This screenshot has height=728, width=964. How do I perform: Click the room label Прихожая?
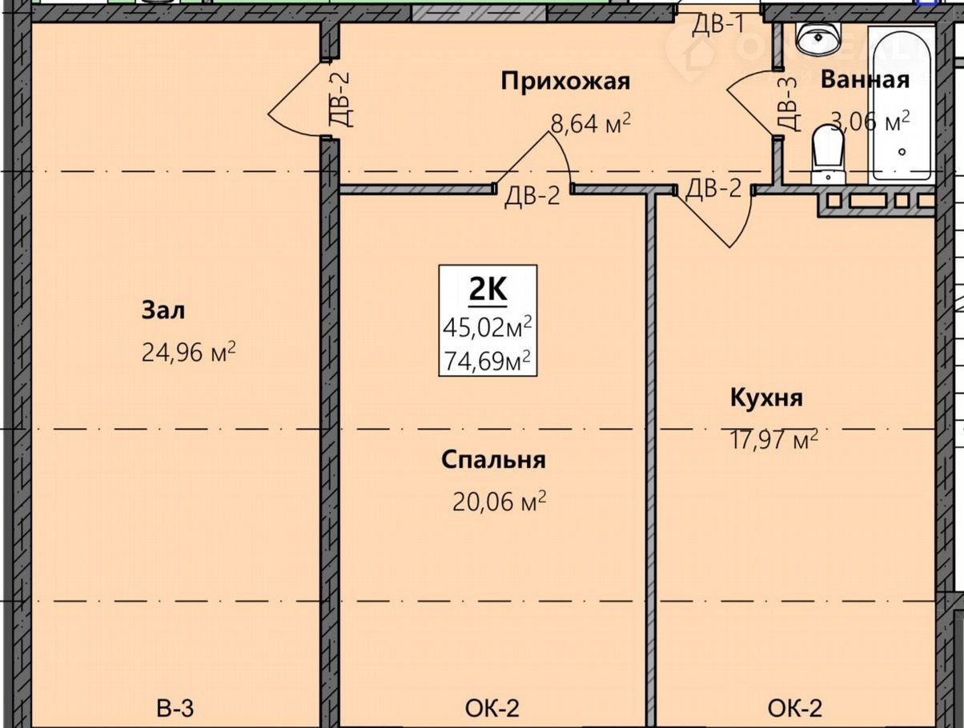pos(565,82)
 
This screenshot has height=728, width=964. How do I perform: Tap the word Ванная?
pos(865,80)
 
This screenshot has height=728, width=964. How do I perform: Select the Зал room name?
pos(163,310)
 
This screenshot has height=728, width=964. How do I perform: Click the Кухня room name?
pos(766,398)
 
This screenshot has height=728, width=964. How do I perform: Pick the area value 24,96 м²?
pos(189,351)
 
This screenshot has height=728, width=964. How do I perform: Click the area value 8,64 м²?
pos(591,123)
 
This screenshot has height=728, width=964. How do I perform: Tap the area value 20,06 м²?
pos(500,501)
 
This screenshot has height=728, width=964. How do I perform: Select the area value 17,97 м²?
pos(773,439)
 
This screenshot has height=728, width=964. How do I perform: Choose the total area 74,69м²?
pos(488,360)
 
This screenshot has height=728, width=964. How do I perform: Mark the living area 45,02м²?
pos(488,327)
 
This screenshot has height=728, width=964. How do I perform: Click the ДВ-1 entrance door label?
pos(719,24)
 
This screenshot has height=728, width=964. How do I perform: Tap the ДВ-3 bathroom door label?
pos(787,105)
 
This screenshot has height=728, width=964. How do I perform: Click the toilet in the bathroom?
pos(829,154)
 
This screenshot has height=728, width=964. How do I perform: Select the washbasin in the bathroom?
pos(820,39)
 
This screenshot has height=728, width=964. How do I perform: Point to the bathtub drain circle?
pos(902,152)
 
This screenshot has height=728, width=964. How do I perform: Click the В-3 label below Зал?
pos(175,708)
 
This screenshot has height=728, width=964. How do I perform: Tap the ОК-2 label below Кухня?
pos(795,708)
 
